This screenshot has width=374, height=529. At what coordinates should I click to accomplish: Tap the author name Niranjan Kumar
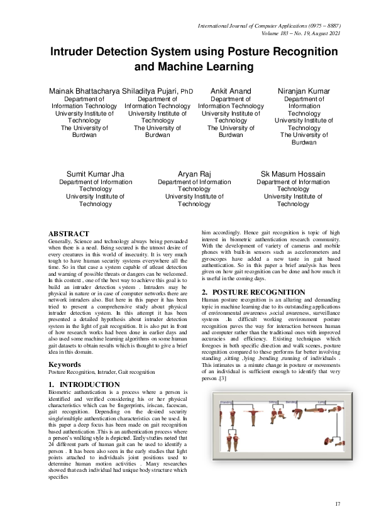pos(304,91)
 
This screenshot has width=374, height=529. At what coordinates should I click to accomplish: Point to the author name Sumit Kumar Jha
pos(96,174)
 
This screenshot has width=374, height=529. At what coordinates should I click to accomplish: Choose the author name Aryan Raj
pos(194,174)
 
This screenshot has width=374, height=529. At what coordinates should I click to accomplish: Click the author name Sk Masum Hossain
pos(293,174)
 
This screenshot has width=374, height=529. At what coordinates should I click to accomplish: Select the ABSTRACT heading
pos(69,234)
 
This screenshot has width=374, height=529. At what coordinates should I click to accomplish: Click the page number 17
pos(338,504)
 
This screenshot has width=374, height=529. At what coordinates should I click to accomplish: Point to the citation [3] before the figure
pos(223,378)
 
